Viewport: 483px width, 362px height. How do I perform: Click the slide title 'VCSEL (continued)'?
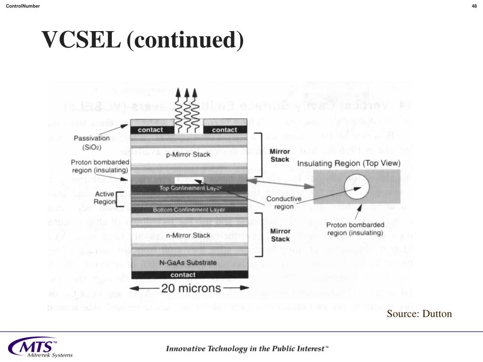[143, 40]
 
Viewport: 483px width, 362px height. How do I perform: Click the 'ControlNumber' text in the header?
[23, 6]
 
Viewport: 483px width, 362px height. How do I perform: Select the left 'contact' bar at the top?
[151, 130]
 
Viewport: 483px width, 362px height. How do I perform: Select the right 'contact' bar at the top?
[225, 130]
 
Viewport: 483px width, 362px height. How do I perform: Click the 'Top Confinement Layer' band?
[188, 188]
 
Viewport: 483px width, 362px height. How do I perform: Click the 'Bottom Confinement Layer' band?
[189, 209]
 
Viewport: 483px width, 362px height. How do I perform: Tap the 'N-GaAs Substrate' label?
[188, 263]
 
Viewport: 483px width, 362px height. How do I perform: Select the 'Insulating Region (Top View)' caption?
[349, 164]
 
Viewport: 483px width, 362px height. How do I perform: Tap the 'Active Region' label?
[104, 198]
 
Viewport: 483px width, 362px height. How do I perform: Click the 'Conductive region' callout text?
[284, 203]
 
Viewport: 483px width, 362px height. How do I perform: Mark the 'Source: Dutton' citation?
[419, 314]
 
